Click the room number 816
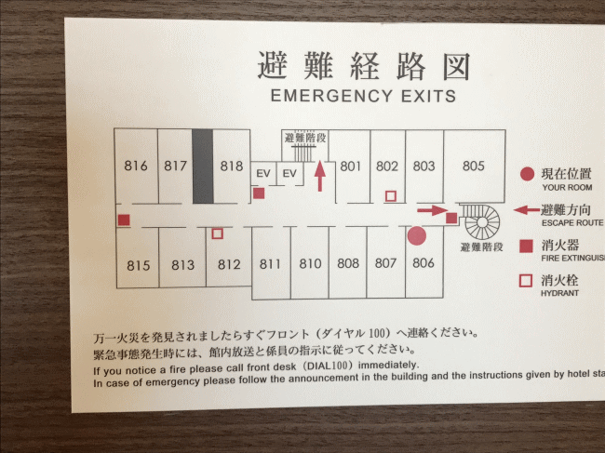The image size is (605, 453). tap(136, 167)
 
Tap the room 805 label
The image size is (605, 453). tap(474, 167)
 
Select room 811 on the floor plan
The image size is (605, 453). tap(270, 264)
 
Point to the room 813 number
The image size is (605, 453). tap(182, 265)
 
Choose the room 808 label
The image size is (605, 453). tap(348, 263)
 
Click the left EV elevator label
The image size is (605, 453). tap(262, 173)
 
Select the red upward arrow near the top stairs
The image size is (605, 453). tap(320, 175)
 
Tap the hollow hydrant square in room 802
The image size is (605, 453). tap(391, 196)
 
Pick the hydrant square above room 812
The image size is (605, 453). tap(217, 234)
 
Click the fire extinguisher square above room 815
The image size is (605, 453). tap(123, 220)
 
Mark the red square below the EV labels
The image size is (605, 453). tap(260, 193)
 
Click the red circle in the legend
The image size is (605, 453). tap(527, 174)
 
